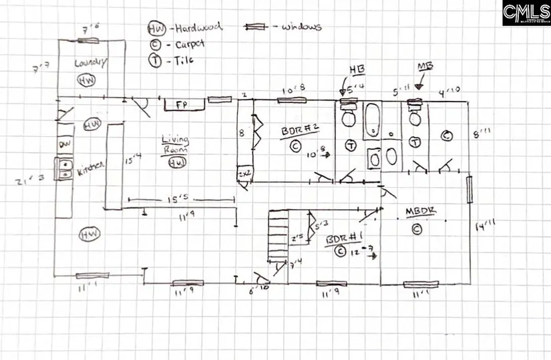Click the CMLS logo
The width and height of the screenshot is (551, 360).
pyautogui.click(x=526, y=13)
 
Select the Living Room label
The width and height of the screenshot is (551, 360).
pyautogui.click(x=176, y=145)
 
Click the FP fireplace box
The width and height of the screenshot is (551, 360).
pyautogui.click(x=181, y=106)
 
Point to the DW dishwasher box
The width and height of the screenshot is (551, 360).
pyautogui.click(x=65, y=144)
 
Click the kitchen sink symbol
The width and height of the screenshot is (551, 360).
pyautogui.click(x=65, y=169)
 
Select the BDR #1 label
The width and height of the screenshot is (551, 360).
pyautogui.click(x=341, y=239)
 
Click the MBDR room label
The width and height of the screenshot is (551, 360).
pyautogui.click(x=421, y=212)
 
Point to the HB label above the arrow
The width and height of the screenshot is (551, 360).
pyautogui.click(x=353, y=70)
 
